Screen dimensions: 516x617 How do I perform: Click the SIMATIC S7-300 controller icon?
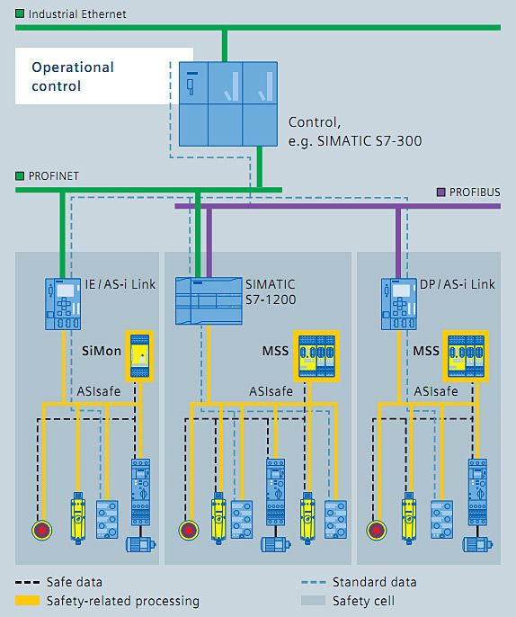[228, 104]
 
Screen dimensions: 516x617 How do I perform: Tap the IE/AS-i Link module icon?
[63, 304]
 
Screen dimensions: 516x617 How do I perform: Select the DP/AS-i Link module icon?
[399, 304]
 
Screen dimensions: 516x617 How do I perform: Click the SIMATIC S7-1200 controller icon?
[209, 301]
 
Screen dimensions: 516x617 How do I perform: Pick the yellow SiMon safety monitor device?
[139, 356]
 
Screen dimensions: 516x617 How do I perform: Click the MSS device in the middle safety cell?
[316, 356]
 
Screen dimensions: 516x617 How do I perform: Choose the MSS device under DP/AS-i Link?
[466, 356]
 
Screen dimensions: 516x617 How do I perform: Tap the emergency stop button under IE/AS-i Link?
[41, 530]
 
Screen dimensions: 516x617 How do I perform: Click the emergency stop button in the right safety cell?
[377, 530]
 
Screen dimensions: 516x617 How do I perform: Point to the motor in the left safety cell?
[140, 544]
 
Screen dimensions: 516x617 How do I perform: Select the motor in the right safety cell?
[477, 544]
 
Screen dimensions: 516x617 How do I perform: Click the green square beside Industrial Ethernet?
[20, 13]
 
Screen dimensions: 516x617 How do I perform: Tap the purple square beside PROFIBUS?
[441, 192]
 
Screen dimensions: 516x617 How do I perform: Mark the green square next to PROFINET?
[20, 175]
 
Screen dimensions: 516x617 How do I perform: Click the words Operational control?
[73, 76]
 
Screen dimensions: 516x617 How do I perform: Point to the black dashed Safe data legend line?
[28, 583]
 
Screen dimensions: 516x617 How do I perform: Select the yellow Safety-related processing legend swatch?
[28, 601]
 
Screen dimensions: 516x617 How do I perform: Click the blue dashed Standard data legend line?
[314, 583]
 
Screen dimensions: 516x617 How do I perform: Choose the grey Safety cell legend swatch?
[314, 601]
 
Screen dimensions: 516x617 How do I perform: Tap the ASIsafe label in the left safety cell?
[99, 391]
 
